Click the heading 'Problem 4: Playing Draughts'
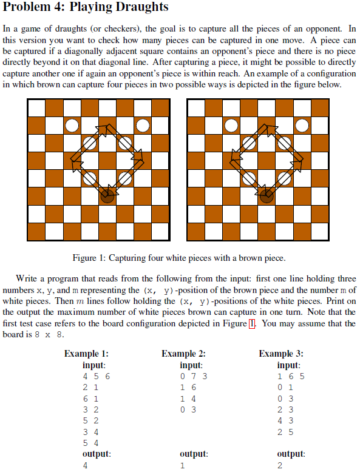point(86,8)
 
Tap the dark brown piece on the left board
point(107,196)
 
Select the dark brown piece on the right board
point(266,196)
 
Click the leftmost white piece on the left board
point(72,126)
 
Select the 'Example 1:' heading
point(86,354)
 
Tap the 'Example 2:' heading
point(184,354)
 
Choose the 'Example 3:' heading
point(281,354)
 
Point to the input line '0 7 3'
point(194,376)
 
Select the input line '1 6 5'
point(291,376)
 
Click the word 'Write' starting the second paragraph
point(28,280)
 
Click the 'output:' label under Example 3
point(291,453)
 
